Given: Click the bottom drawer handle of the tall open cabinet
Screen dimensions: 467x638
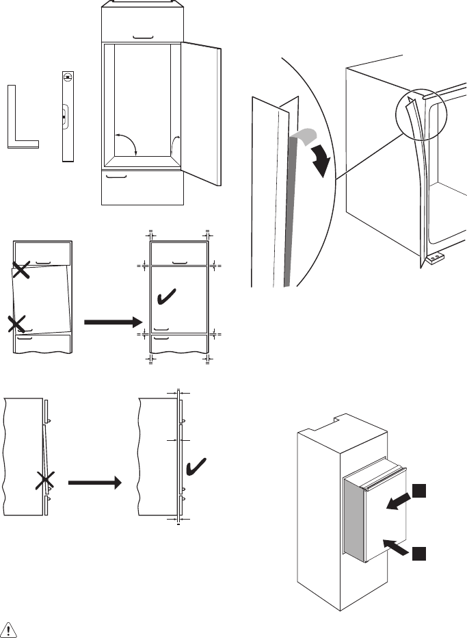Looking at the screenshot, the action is pyautogui.click(x=118, y=176).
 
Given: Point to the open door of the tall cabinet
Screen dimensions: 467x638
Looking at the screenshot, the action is pyautogui.click(x=201, y=113).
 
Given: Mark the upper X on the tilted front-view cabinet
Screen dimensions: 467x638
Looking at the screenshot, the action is pyautogui.click(x=21, y=270).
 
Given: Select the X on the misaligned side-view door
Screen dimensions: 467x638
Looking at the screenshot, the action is pyautogui.click(x=44, y=482).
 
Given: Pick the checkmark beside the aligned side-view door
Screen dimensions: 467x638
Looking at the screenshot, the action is pyautogui.click(x=198, y=467).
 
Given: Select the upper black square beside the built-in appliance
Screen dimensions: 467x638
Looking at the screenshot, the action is pyautogui.click(x=418, y=491).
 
